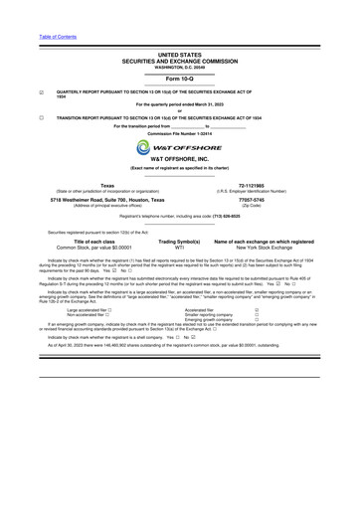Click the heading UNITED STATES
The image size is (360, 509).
pyautogui.click(x=179, y=56)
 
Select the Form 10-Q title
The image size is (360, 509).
pyautogui.click(x=179, y=78)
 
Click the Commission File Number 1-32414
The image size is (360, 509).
pyautogui.click(x=179, y=133)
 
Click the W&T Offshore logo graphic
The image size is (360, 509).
pyautogui.click(x=179, y=147)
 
